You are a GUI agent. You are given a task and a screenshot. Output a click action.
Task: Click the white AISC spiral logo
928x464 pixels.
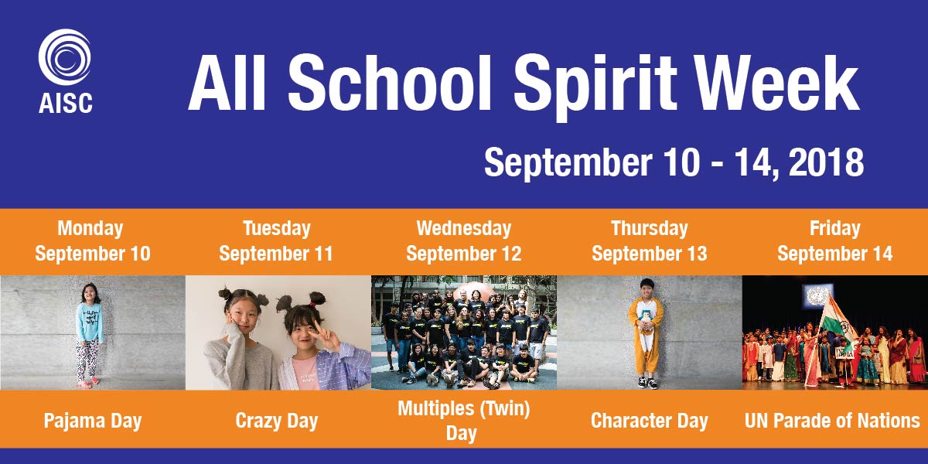click(65, 56)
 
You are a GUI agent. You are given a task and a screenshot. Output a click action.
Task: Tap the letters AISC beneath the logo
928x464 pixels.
click(66, 103)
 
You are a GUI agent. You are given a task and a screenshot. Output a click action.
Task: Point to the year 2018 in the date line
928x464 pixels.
click(826, 163)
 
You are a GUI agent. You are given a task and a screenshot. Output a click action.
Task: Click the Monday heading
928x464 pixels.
click(90, 229)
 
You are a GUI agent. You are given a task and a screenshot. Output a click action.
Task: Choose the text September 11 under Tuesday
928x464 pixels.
click(276, 254)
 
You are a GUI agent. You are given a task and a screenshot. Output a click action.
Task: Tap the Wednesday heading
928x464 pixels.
click(463, 229)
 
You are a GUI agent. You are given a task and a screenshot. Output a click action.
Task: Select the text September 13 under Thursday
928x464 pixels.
click(649, 254)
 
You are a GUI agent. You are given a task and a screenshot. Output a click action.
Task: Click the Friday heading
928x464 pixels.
click(834, 229)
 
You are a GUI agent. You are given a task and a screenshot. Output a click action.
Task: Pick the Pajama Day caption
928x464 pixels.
click(93, 421)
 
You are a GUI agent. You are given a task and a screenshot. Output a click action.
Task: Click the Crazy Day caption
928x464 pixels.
click(276, 421)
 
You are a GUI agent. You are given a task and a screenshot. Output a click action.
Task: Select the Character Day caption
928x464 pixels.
click(649, 421)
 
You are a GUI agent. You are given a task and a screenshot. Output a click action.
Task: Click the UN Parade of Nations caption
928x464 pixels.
click(832, 421)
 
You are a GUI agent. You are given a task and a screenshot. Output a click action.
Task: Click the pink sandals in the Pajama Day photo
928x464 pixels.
click(88, 384)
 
